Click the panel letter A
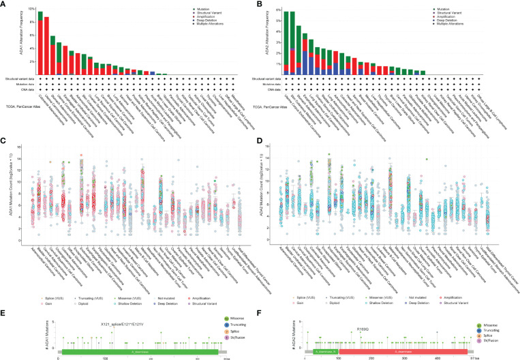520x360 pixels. click(x=4, y=5)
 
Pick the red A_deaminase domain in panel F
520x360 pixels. click(x=395, y=337)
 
